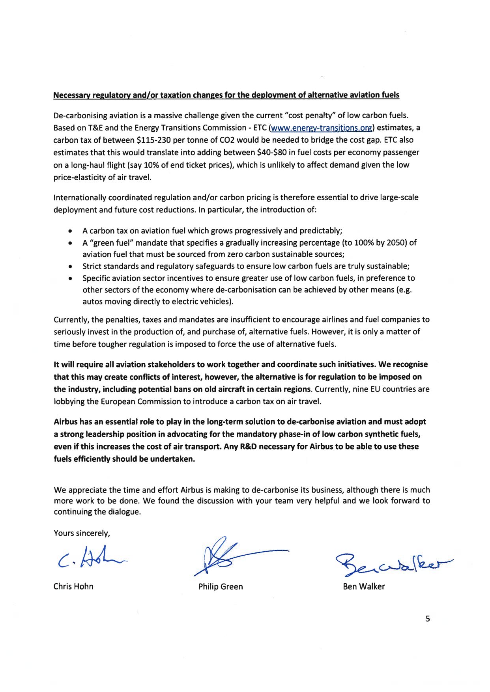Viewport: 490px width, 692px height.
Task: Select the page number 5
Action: [428, 619]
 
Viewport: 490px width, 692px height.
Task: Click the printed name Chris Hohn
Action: [73, 586]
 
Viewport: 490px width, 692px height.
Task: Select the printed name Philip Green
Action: [221, 586]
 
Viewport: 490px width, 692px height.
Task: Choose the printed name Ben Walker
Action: [364, 586]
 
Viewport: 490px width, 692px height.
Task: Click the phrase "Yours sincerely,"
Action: [82, 533]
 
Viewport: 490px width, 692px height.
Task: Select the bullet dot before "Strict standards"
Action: [70, 267]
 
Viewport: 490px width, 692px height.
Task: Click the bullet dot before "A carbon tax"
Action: [70, 231]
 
